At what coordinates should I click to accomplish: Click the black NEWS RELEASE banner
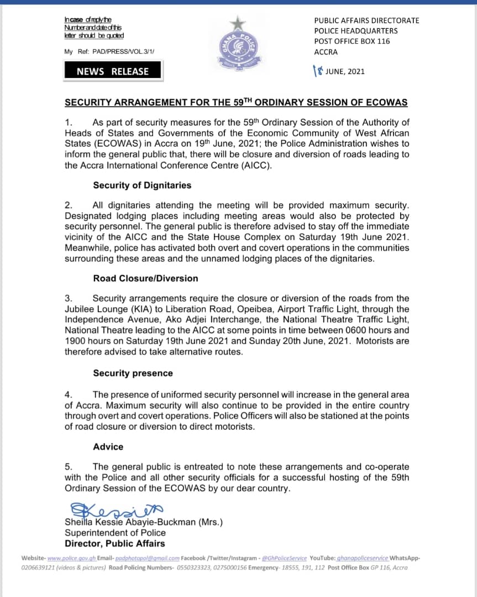[x=113, y=71]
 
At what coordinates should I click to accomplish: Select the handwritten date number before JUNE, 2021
[x=317, y=71]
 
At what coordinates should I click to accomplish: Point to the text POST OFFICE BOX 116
[x=352, y=41]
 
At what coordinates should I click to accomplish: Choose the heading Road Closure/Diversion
[x=145, y=279]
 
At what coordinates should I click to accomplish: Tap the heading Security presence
[x=133, y=373]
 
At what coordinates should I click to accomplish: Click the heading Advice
[x=108, y=447]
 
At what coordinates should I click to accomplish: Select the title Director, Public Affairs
[x=114, y=544]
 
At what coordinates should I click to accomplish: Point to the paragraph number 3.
[x=68, y=298]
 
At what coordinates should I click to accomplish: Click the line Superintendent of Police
[x=115, y=533]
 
